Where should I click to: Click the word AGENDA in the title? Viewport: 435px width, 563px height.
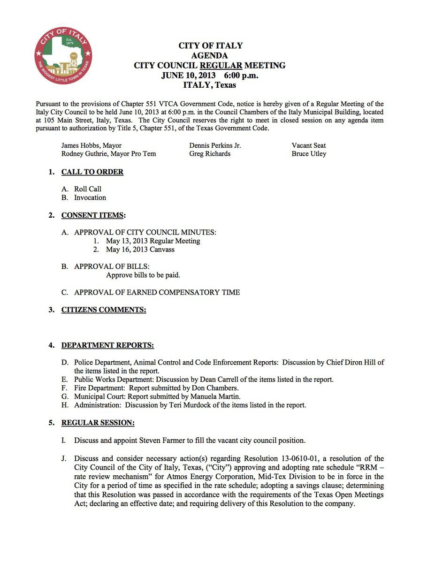click(x=210, y=55)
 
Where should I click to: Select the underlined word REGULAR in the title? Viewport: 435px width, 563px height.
click(x=221, y=65)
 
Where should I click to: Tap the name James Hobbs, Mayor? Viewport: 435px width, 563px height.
click(x=91, y=145)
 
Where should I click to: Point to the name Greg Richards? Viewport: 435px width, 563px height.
click(x=210, y=154)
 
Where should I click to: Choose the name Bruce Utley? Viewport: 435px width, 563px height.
click(x=309, y=154)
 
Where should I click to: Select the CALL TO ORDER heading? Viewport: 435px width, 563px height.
click(x=92, y=172)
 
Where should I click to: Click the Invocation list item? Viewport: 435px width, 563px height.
click(x=90, y=198)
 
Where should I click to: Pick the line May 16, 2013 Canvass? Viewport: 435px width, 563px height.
click(x=140, y=250)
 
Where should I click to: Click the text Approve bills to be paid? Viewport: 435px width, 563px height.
click(x=143, y=275)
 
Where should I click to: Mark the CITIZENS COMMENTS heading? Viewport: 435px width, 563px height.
click(x=104, y=310)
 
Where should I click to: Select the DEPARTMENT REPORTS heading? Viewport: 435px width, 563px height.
click(x=107, y=345)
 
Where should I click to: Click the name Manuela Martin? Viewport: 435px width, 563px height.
click(x=221, y=396)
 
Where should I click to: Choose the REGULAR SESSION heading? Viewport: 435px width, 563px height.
click(x=98, y=423)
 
